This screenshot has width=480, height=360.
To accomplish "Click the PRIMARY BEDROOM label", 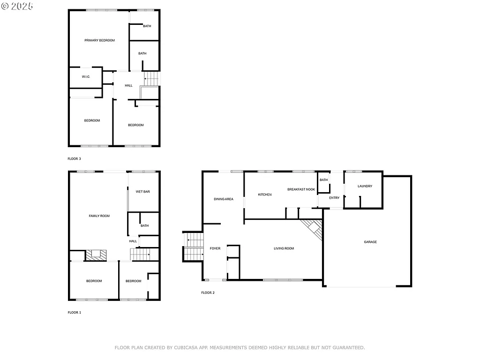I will coord(99,40).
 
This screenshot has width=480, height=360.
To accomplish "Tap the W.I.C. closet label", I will coord(86,77).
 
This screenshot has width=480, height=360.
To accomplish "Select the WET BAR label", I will coord(142,192).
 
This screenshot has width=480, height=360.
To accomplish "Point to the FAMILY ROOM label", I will coord(99,216).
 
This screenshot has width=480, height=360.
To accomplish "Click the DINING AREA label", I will coord(223,199).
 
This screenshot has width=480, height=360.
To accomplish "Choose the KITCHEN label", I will coord(265,195).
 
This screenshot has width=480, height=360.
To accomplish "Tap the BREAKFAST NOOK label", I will coord(301,189).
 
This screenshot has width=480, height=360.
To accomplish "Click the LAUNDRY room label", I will coord(365,186).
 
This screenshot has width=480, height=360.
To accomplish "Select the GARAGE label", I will coord(370,242).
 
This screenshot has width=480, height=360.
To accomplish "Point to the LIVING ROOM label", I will coord(284,248).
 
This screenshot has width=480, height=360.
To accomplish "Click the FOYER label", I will coord(215,248).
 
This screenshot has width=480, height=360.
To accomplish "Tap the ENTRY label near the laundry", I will coord(334,198).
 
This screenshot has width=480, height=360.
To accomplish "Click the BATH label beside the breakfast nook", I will coord(323,180).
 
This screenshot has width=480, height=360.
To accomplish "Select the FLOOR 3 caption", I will coord(75,159).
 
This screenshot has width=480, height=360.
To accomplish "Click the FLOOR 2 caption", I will coord(208,293).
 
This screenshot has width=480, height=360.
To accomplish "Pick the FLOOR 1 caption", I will coord(75,312).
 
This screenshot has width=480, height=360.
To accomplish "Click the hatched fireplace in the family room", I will coord(96,255).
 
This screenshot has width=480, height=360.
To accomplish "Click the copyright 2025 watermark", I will coord(17,6).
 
